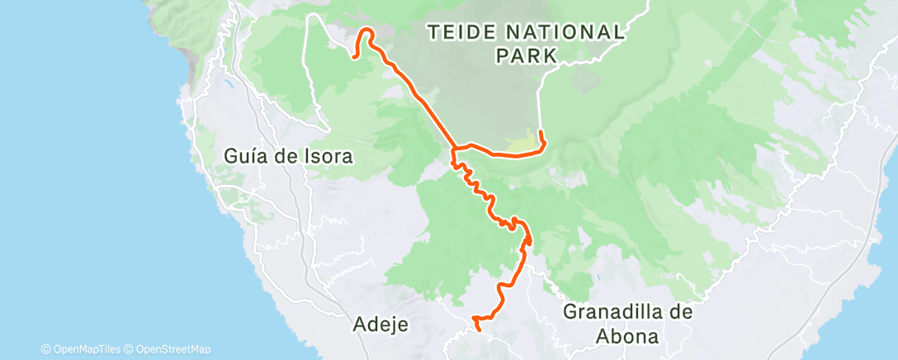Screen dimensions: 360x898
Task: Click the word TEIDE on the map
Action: (x=461, y=32)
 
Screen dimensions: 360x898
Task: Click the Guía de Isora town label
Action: (x=288, y=155)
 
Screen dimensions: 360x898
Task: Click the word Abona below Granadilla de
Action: (x=628, y=336)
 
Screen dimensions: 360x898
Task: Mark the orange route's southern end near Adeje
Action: (x=480, y=331)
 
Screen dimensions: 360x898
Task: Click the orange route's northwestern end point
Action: (x=354, y=57)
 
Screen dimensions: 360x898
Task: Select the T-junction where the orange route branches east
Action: (x=453, y=149)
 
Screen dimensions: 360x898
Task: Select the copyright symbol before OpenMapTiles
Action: (x=46, y=349)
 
